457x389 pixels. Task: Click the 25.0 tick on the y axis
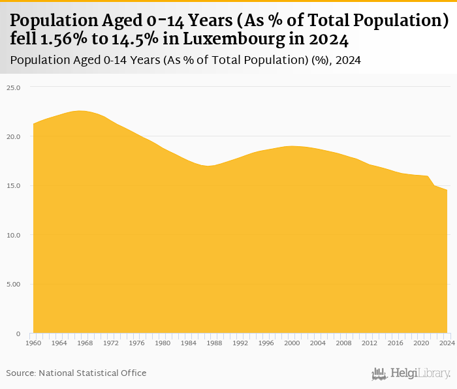click(14, 87)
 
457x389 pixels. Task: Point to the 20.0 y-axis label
click(14, 136)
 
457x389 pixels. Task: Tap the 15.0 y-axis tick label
click(14, 185)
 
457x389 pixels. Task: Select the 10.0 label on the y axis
click(14, 235)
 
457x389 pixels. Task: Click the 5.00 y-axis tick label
click(14, 284)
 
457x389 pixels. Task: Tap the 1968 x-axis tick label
click(85, 343)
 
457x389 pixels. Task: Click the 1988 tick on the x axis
click(214, 343)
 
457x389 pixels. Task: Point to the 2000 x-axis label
click(292, 343)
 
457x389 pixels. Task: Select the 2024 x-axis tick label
click(447, 343)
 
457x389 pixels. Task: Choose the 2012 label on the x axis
click(370, 343)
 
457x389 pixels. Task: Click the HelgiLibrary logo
click(411, 373)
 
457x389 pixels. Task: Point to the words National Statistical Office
click(93, 373)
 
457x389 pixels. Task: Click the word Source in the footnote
click(21, 373)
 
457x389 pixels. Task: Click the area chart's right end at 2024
click(447, 190)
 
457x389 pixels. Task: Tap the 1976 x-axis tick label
click(136, 343)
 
